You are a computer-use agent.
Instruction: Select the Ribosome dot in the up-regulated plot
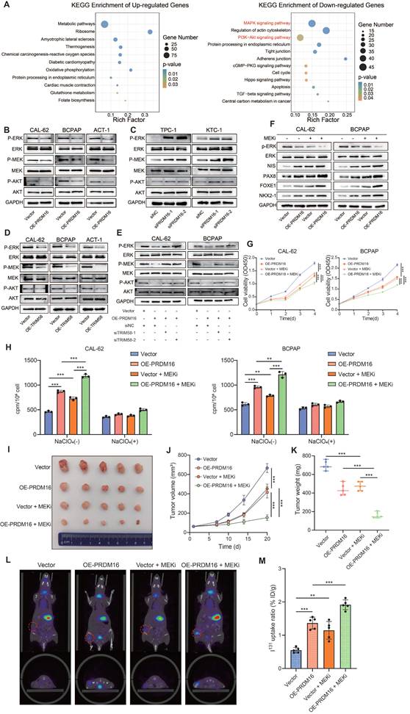150,32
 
